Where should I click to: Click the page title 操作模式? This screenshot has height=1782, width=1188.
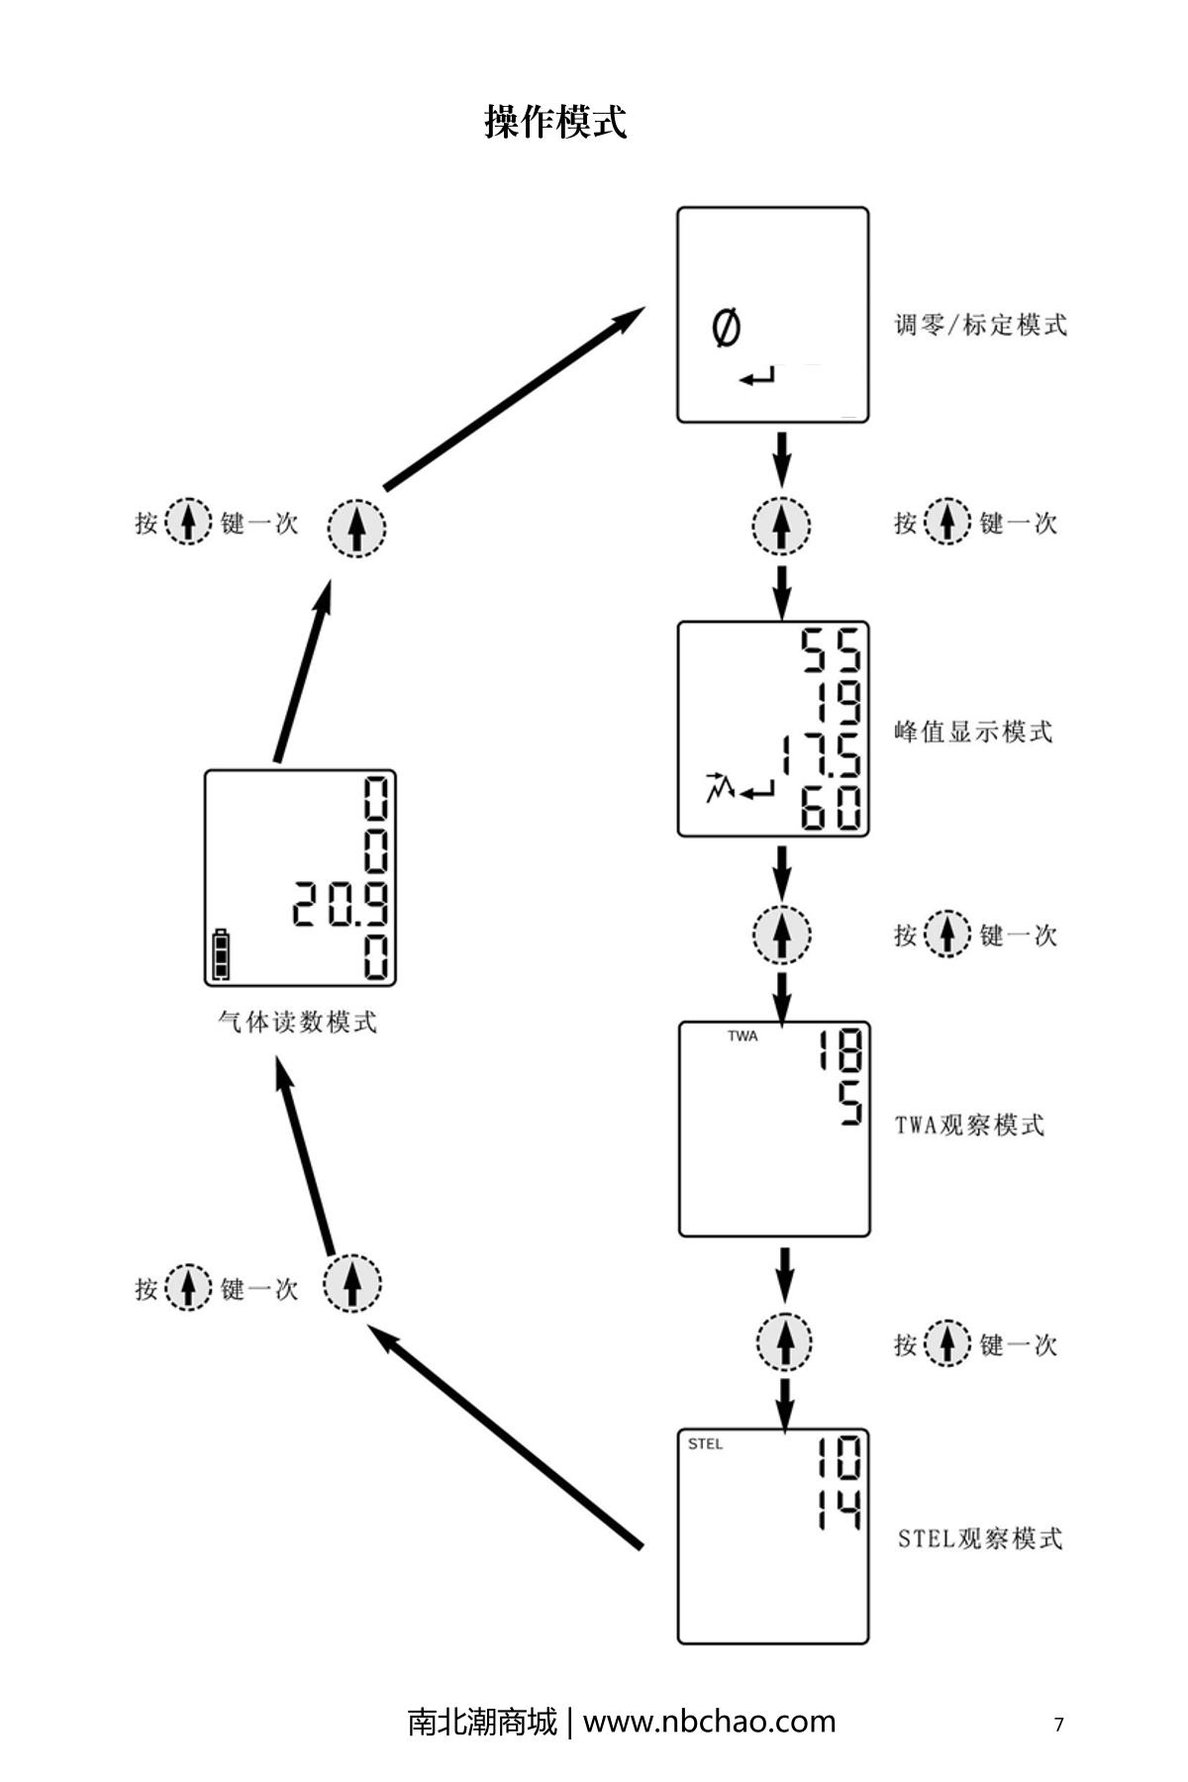tap(555, 122)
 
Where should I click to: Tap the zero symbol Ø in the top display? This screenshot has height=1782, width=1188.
tap(726, 328)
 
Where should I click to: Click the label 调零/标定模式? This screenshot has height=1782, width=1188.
tap(980, 325)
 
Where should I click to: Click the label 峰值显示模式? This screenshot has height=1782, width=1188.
tap(973, 733)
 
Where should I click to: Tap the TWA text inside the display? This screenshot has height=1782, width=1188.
tap(742, 1037)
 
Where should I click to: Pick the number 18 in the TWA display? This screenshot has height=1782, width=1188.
tap(840, 1050)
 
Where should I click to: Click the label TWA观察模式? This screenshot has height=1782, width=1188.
tap(969, 1126)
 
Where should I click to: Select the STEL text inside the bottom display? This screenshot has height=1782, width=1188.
tap(705, 1444)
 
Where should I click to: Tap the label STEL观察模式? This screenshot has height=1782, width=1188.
tap(979, 1538)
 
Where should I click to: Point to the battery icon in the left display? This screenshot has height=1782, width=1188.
tap(221, 954)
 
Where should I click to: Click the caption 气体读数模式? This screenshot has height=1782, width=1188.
tap(297, 1022)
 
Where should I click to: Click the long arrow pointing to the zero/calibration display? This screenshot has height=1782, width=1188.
tap(515, 398)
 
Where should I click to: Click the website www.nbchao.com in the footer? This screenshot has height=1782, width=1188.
tap(709, 1722)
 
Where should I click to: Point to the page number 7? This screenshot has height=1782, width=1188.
tap(1058, 1725)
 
